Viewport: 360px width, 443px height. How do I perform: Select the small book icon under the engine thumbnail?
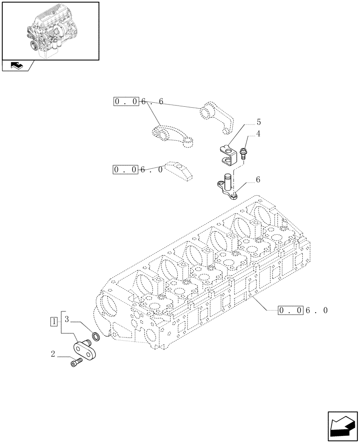click(16, 66)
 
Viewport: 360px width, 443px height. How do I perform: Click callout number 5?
click(258, 122)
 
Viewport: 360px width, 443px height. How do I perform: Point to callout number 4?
click(258, 133)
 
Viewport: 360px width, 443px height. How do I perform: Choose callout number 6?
click(258, 180)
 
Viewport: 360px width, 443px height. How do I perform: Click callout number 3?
click(67, 319)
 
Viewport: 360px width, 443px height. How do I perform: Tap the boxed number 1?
click(54, 321)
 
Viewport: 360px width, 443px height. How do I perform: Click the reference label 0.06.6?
click(138, 102)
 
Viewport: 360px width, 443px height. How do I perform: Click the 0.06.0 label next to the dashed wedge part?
click(138, 169)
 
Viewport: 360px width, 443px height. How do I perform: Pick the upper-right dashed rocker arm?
click(218, 116)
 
